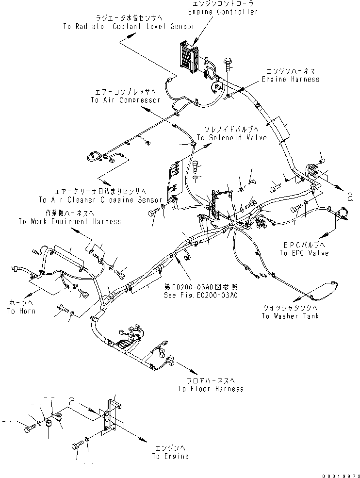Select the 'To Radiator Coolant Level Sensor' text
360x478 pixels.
coord(129,27)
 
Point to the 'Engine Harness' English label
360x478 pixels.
coord(291,79)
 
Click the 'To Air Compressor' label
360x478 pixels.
coord(125,100)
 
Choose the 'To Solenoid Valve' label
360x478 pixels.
coord(231,138)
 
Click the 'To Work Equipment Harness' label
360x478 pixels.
coord(70,221)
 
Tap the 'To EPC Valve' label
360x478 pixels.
coord(304,253)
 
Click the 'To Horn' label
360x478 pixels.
coord(18,311)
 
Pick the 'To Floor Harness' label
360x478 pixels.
coord(210,388)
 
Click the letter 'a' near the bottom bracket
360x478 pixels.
coord(72,401)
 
